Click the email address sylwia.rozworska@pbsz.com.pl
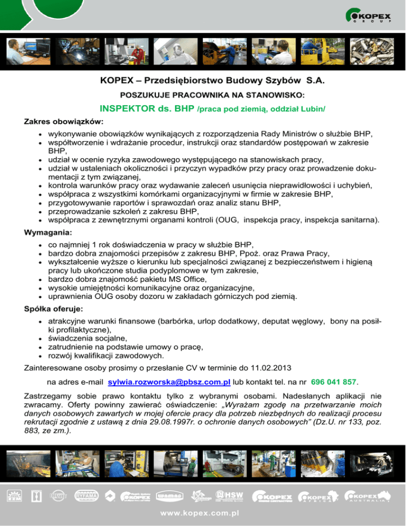169,381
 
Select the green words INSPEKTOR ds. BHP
146,109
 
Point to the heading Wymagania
49,232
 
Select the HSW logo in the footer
229,496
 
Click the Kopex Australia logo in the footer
368,496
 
